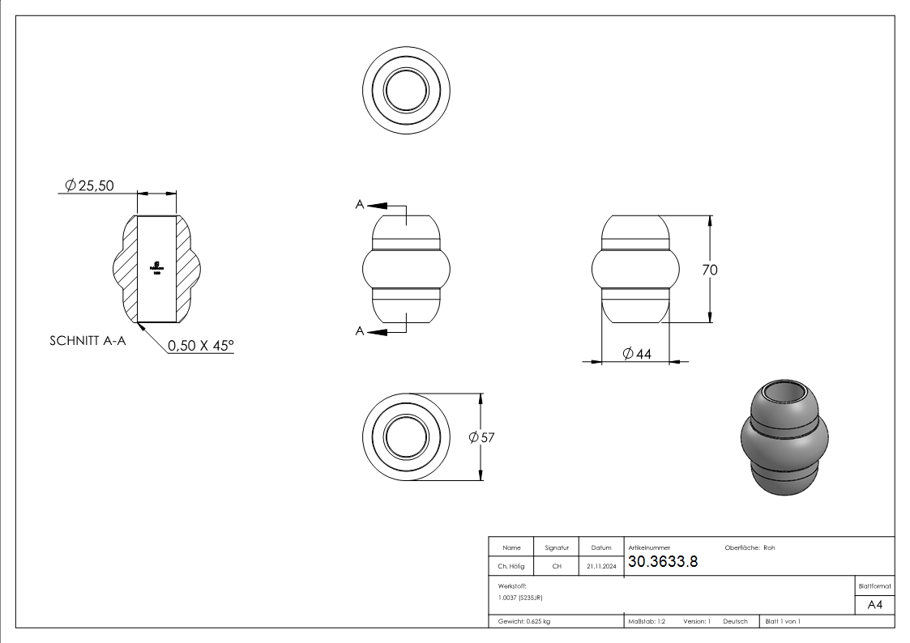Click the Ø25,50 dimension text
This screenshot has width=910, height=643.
pyautogui.click(x=89, y=185)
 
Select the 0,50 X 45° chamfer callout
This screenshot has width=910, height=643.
pyautogui.click(x=200, y=346)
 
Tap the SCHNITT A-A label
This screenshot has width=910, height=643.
pyautogui.click(x=88, y=341)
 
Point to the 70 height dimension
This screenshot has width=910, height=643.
pyautogui.click(x=710, y=270)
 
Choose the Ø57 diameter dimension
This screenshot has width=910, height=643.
pyautogui.click(x=481, y=437)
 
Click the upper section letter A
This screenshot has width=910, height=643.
pyautogui.click(x=360, y=205)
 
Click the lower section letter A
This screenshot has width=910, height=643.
pyautogui.click(x=360, y=330)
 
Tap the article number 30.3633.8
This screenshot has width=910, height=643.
pyautogui.click(x=663, y=562)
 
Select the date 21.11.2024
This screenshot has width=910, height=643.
pyautogui.click(x=600, y=567)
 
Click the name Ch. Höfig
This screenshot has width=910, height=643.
pyautogui.click(x=511, y=567)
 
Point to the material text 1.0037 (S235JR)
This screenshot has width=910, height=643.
pyautogui.click(x=520, y=598)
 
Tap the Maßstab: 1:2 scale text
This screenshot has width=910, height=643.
pyautogui.click(x=647, y=621)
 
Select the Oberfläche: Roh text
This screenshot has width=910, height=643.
pyautogui.click(x=750, y=548)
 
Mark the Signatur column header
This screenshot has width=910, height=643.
pyautogui.click(x=557, y=548)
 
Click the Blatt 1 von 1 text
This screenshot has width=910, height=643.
pyautogui.click(x=783, y=621)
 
